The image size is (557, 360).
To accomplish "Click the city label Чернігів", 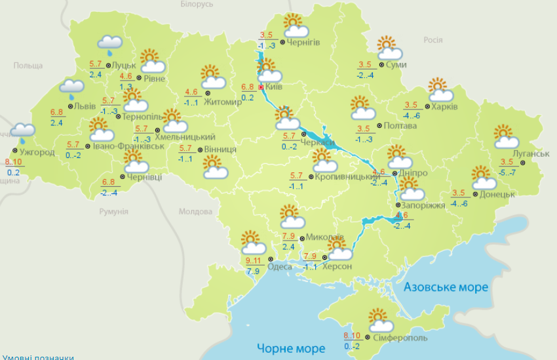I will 303,43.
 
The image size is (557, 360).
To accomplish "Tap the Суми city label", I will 396,64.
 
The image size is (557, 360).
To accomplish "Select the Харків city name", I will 444,106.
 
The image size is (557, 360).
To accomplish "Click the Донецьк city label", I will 497,194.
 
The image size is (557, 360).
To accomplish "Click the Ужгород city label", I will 37,152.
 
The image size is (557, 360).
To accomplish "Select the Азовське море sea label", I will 446,287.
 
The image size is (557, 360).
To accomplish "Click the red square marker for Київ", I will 261,87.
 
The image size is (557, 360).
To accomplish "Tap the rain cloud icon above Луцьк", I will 109,44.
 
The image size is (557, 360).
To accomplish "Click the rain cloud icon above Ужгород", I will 23,131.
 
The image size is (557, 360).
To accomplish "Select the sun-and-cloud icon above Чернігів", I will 296,26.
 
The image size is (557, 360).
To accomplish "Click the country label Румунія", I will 113,211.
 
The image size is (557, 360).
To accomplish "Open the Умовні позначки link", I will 37,357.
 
